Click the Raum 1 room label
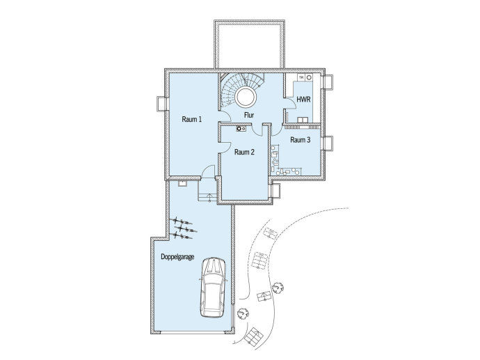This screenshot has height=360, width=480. pos(191,119)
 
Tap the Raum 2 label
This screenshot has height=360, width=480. pos(244,152)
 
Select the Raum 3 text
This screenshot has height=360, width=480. pos(301,140)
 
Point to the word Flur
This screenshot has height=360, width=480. pos(249,115)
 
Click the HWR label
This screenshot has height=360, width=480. pos(303,100)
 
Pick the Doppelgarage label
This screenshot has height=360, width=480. pos(177,257)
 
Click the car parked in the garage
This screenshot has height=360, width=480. pos(213,288)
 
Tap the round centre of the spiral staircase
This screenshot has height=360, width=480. pos(246,96)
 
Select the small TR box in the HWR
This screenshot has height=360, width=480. pos(301,78)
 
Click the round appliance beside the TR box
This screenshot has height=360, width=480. pos(309,78)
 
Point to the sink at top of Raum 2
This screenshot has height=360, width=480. pos(241,129)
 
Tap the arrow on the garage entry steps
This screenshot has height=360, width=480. pos(209,198)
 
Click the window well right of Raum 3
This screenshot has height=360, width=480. pos(328,143)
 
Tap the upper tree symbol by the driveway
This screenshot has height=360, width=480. pos(278,288)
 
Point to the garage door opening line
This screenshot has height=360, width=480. pos(193,332)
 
